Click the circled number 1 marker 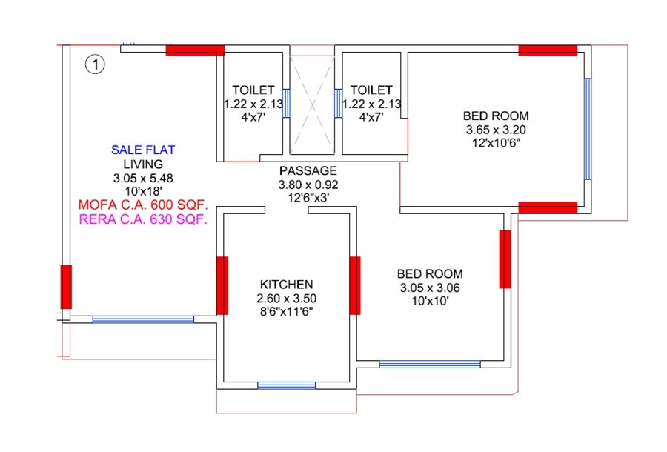click(x=96, y=64)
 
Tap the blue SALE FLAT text click(x=143, y=150)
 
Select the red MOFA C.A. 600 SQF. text click(x=143, y=205)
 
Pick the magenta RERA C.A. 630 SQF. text click(x=143, y=219)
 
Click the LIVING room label click(x=143, y=164)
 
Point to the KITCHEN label click(x=286, y=284)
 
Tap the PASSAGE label click(x=308, y=170)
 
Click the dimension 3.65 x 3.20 click(x=496, y=129)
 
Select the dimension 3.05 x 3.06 click(x=430, y=288)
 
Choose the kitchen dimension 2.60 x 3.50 click(x=286, y=298)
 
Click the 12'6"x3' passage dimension click(x=308, y=199)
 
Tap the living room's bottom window click(x=143, y=319)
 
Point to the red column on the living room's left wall click(x=66, y=287)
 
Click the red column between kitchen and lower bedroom click(x=354, y=285)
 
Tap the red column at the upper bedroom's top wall click(x=548, y=50)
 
